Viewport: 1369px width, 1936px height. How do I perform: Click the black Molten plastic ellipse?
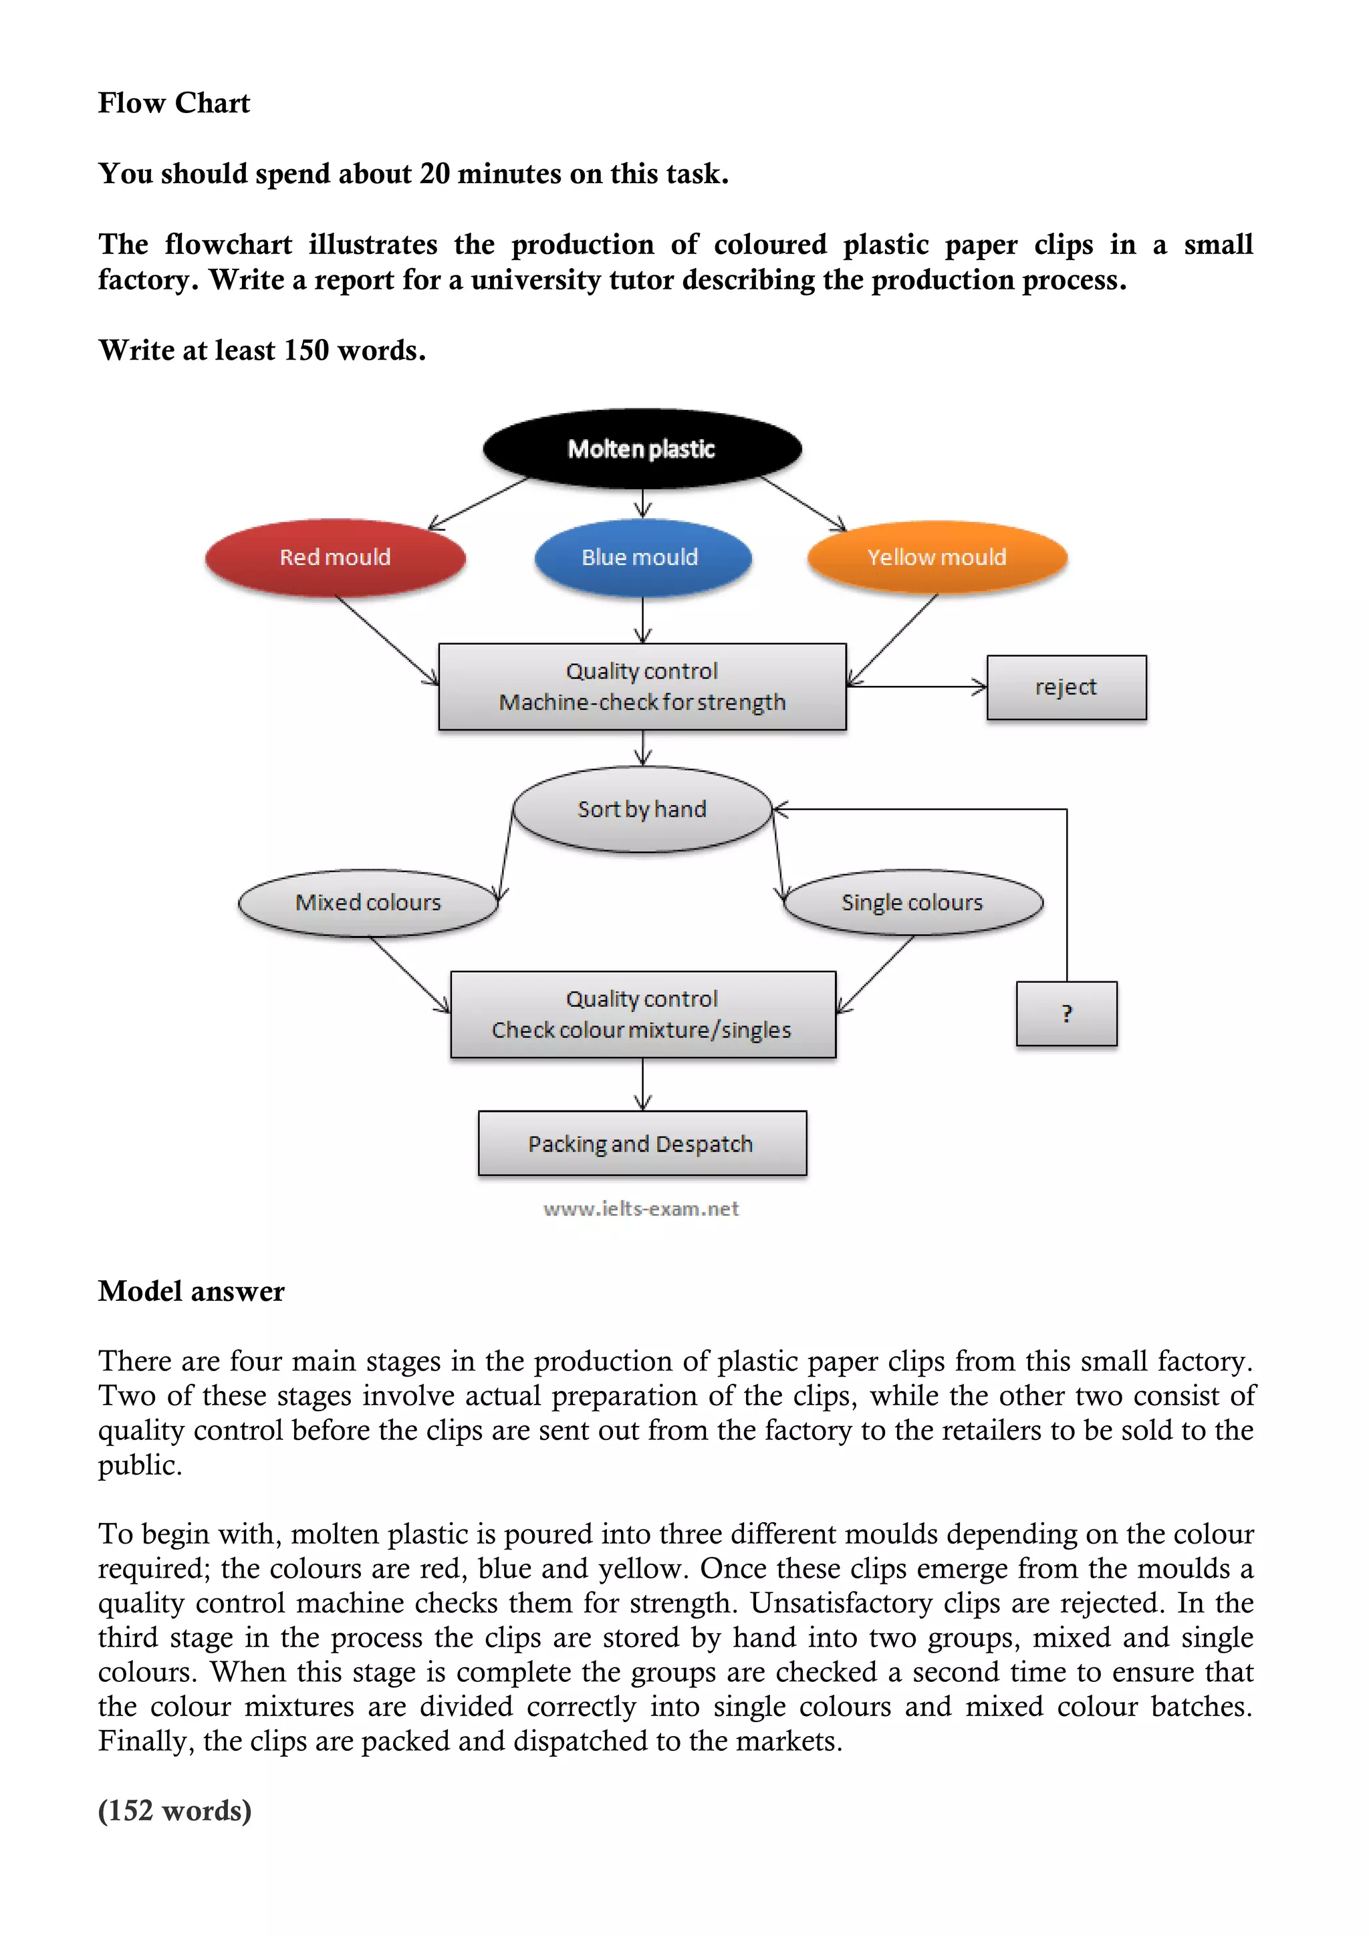point(642,449)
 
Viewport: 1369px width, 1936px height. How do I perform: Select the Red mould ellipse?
point(335,558)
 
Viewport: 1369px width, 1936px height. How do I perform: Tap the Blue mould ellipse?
point(642,558)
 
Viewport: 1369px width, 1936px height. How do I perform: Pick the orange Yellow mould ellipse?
point(937,558)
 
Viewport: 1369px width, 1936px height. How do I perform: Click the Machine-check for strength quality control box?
point(642,687)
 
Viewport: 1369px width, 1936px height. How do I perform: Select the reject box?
point(1066,687)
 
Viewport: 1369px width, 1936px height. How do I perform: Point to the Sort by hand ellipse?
point(642,810)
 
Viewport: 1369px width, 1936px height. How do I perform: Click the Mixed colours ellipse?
point(368,902)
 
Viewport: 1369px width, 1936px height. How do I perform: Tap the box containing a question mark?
point(1066,1013)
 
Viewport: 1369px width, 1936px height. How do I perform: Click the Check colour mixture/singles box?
point(642,1014)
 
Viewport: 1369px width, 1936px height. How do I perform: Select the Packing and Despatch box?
point(642,1143)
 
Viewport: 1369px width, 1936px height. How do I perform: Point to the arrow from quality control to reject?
point(917,687)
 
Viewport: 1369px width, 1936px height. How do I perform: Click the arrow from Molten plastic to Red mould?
point(477,503)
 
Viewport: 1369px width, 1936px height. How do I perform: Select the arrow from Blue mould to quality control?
point(642,620)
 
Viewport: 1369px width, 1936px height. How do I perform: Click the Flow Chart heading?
point(174,103)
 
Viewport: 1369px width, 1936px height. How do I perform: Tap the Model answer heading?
point(191,1291)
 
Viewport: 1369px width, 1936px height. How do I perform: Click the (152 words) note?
point(174,1810)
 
